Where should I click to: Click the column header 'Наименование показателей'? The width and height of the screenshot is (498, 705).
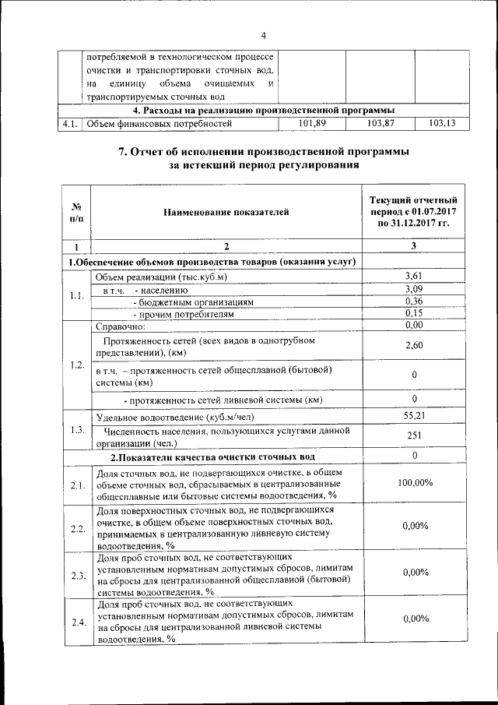226,211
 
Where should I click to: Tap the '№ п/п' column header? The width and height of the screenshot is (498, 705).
77,212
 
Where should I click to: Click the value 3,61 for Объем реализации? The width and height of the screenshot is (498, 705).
413,276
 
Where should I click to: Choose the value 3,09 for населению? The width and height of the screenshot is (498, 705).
413,288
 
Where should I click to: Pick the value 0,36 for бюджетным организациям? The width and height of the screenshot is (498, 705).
413,301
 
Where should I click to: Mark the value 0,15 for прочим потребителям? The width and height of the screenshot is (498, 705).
413,313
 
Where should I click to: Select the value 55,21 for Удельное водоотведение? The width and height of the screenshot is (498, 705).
413,416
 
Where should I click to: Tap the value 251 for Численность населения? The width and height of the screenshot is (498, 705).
413,435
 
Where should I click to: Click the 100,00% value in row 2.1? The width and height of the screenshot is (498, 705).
413,483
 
